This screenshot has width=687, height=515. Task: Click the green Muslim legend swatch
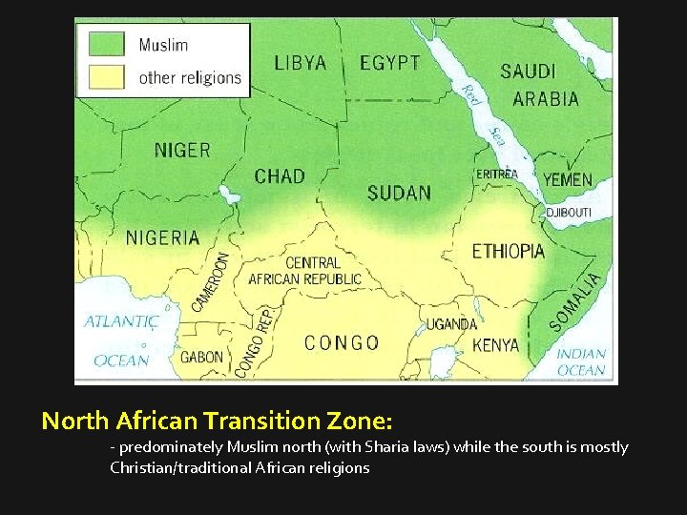pos(107,44)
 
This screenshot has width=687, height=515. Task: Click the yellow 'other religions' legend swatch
pos(107,76)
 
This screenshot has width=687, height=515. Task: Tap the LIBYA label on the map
pos(301,63)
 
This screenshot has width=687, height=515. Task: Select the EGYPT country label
pos(389,63)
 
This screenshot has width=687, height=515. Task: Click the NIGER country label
pos(182,150)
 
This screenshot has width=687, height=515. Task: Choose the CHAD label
pos(280,176)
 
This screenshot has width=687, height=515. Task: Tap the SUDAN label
pos(399,193)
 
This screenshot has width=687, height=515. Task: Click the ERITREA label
pos(496,174)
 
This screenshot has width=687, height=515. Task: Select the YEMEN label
pos(568,179)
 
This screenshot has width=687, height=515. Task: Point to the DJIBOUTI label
pos(569,212)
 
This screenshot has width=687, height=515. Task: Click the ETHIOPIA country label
pos(509,252)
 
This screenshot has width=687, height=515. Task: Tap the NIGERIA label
pos(162,237)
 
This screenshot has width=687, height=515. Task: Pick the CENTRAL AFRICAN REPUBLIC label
pos(304,271)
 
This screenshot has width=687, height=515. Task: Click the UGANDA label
pos(451,324)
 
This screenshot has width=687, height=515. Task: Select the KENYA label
pos(496,344)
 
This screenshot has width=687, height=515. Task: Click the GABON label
pos(201,358)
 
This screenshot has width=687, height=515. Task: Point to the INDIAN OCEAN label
pos(581,361)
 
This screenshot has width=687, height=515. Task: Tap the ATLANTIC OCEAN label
pos(121,340)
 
